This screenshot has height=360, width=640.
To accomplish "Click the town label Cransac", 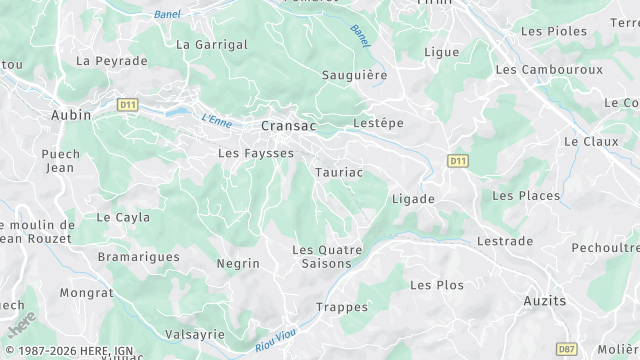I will (288, 126).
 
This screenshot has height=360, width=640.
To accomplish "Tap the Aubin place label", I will (71, 115).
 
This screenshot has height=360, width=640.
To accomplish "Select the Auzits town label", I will (544, 300).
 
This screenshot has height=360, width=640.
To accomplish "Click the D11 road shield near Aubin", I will (127, 103).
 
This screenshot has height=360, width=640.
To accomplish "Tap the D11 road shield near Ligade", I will (458, 160).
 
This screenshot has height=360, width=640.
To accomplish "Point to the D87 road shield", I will (566, 348).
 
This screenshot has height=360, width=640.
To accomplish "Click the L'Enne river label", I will (216, 119).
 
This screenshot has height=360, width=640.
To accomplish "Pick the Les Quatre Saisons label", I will (321, 256).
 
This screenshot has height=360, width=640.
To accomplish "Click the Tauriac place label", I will (338, 172).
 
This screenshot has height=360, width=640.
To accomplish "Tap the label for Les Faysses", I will (256, 153).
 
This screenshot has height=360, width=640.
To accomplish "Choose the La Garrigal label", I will (211, 45).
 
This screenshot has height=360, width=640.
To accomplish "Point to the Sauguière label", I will (354, 75).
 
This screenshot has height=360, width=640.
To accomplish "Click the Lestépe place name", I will (378, 123).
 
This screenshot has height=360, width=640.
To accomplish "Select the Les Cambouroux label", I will (549, 70).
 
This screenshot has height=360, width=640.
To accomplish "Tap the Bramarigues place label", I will (139, 257).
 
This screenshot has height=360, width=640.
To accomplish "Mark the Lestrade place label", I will (505, 242).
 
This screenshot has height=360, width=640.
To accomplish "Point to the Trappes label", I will (335, 307).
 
